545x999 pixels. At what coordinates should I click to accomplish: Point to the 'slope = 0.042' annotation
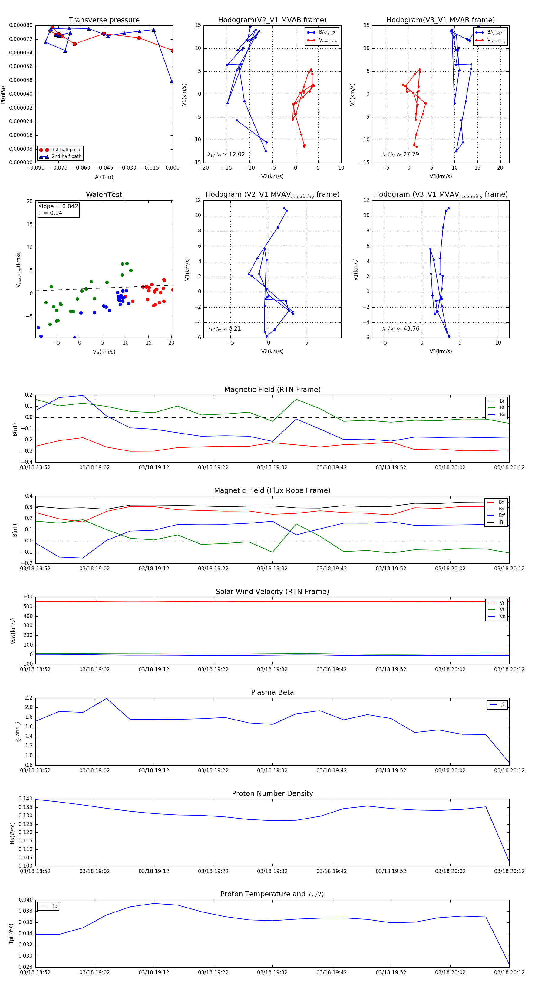click(x=58, y=206)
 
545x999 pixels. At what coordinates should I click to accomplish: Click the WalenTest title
click(x=104, y=195)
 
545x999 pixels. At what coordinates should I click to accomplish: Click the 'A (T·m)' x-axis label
click(x=104, y=177)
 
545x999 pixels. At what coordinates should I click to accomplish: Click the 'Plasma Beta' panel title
click(x=272, y=692)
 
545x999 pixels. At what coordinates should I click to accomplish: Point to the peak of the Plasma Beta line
click(x=107, y=698)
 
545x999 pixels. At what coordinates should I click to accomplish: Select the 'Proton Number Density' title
click(x=272, y=793)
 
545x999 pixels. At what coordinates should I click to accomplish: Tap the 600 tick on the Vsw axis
click(x=28, y=597)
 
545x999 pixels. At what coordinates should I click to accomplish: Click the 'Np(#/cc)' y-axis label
click(x=12, y=832)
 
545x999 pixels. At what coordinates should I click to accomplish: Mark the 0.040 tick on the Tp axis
click(x=26, y=900)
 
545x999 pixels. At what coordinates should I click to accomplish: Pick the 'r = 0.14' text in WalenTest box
click(x=51, y=213)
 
